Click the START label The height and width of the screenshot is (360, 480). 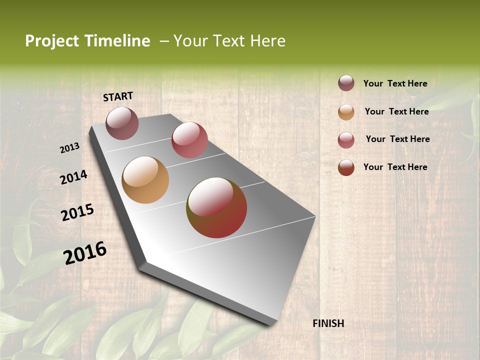(118, 96)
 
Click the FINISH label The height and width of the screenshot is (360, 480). (328, 323)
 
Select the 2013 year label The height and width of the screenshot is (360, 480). (69, 148)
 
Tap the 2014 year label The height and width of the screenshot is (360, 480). (73, 177)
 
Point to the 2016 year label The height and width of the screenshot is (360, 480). (85, 253)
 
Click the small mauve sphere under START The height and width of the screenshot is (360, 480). (122, 123)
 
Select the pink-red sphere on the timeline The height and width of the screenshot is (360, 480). (189, 140)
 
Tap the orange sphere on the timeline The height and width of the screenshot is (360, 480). (145, 180)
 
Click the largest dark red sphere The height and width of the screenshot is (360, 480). (216, 207)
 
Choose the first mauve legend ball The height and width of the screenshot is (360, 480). (346, 83)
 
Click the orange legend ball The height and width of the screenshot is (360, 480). (346, 112)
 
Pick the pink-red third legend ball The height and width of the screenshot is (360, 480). (346, 140)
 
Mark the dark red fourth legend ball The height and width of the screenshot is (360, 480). (346, 167)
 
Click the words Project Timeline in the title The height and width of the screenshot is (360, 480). (87, 41)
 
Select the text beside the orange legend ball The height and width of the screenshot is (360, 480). (396, 111)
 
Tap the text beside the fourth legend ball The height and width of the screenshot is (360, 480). (395, 167)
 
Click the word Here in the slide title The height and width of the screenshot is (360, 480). (268, 41)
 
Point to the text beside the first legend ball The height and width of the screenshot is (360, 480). (395, 83)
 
